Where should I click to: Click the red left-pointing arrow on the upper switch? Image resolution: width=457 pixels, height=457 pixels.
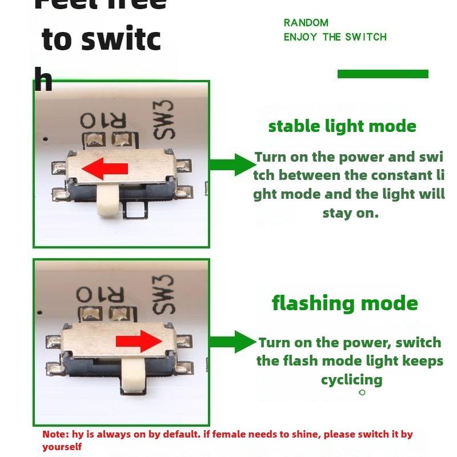tap(105, 169)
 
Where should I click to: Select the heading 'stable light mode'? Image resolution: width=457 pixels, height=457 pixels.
tap(342, 126)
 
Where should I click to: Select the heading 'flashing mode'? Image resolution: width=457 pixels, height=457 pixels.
tap(344, 303)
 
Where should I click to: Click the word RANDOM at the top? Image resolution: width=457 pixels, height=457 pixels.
tap(306, 23)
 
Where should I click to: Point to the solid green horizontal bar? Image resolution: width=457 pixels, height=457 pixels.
tap(383, 74)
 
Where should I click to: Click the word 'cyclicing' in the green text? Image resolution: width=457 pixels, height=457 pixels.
tap(351, 380)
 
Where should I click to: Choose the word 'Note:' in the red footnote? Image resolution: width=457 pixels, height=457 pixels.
tap(55, 434)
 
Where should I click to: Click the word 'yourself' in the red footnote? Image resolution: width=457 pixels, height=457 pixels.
tap(62, 447)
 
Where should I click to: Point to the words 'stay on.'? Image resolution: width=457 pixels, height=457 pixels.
tap(350, 213)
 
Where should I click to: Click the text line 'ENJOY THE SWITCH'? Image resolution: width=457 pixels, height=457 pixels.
tap(335, 37)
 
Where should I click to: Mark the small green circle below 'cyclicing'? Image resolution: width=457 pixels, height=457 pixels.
tap(362, 392)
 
